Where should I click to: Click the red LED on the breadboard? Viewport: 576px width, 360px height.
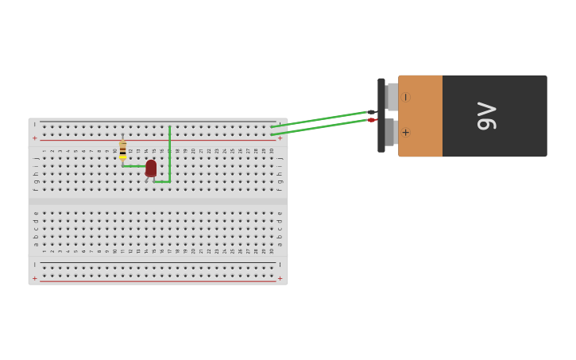click(x=151, y=168)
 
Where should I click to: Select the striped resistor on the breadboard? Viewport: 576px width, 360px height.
click(x=122, y=148)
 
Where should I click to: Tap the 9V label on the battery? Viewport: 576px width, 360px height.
click(x=486, y=116)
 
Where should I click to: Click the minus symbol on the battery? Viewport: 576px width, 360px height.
click(x=405, y=97)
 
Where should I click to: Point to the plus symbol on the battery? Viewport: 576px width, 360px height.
click(x=405, y=132)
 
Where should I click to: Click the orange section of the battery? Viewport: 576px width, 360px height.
click(x=420, y=116)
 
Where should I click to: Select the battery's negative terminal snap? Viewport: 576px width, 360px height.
click(x=392, y=97)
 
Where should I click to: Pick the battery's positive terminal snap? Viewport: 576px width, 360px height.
click(x=391, y=132)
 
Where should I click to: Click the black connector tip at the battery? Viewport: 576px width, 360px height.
click(x=372, y=112)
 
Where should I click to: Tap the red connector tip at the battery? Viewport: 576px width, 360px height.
click(x=372, y=120)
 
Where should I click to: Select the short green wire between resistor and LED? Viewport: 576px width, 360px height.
click(x=133, y=166)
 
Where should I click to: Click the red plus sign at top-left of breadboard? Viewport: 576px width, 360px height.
click(x=34, y=138)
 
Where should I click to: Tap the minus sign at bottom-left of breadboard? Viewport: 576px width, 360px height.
click(x=34, y=265)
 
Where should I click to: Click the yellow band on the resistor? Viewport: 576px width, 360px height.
click(x=122, y=157)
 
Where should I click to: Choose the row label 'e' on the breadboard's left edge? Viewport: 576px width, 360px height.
click(x=35, y=213)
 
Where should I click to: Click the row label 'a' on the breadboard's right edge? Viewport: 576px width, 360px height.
click(x=280, y=244)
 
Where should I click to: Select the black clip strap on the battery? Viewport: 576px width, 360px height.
click(x=381, y=115)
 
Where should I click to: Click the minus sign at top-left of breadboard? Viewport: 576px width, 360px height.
click(x=34, y=125)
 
